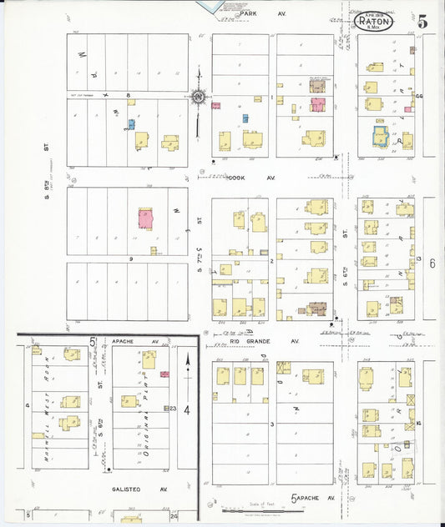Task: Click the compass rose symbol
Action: pos(199,98)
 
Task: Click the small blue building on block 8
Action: pos(131,124)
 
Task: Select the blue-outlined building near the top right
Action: pos(381,136)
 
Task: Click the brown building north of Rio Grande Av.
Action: pos(316,308)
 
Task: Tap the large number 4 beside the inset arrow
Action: pos(187,410)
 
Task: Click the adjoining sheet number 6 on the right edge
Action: pos(433,263)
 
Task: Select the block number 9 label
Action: pos(131,258)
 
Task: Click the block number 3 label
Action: pos(272,424)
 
